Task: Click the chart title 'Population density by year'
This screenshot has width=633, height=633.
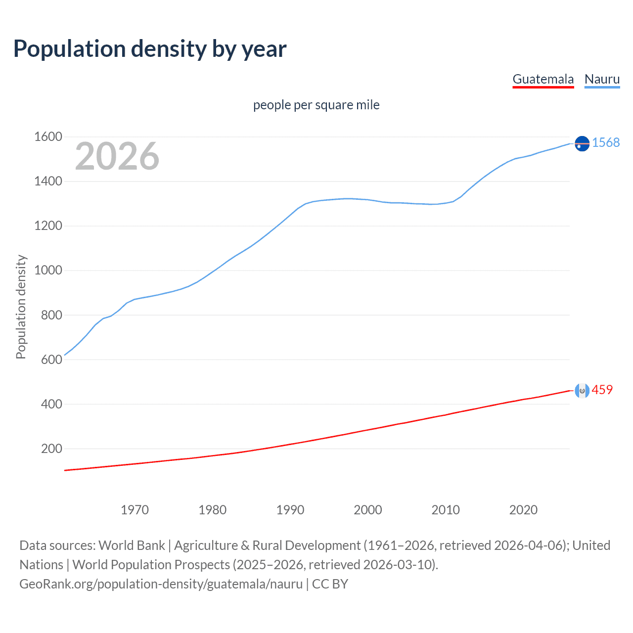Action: click(150, 49)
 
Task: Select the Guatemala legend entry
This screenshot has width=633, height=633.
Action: click(543, 79)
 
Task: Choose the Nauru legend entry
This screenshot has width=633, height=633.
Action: click(602, 79)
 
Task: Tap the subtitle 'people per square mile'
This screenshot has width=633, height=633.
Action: click(316, 105)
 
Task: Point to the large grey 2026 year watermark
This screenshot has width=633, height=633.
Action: click(117, 156)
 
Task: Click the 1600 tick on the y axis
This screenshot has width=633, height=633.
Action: click(48, 136)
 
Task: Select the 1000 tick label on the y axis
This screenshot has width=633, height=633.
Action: click(48, 271)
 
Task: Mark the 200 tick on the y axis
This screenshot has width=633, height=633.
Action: click(51, 449)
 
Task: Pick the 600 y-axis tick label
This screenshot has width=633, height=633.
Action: click(51, 360)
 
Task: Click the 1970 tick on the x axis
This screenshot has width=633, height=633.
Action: click(135, 510)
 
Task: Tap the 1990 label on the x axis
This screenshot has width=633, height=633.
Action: click(290, 510)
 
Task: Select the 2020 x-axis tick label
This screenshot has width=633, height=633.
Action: click(523, 510)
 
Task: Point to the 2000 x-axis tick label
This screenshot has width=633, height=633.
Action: click(368, 510)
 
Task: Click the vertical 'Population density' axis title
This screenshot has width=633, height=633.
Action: click(21, 307)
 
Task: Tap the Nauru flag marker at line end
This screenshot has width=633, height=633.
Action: click(582, 143)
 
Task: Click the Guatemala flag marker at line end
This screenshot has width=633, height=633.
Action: click(582, 391)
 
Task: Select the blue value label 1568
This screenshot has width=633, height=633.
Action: click(606, 142)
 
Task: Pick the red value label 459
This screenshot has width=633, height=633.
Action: click(602, 390)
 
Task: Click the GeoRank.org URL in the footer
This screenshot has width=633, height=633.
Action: click(161, 584)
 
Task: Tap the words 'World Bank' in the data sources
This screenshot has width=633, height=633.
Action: click(132, 545)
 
